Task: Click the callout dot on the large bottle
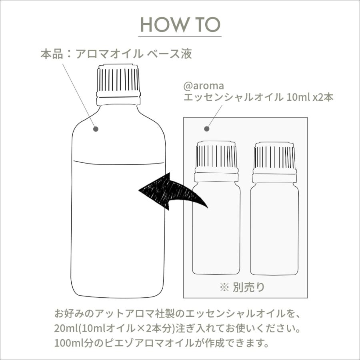(96, 128)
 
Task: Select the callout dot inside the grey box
(207, 129)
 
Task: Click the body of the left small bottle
(216, 228)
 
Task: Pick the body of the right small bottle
(274, 228)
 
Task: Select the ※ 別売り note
(242, 287)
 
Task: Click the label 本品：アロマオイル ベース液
(116, 54)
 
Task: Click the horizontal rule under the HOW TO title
(180, 36)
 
